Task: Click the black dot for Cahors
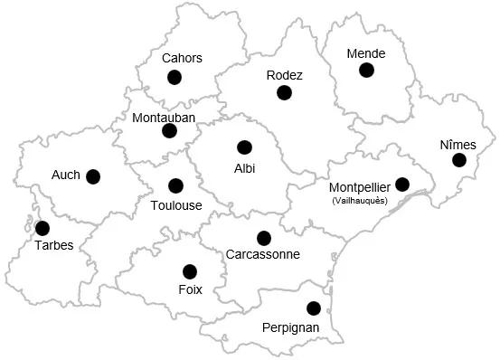(175, 78)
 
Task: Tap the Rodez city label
(285, 75)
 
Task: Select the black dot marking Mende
(366, 70)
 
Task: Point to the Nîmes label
(458, 145)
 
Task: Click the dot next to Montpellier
(402, 185)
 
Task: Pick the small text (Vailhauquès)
(360, 201)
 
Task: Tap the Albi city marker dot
(243, 147)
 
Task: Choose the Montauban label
(164, 118)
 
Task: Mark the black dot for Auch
(93, 176)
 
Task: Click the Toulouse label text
(176, 205)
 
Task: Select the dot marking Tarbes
(42, 228)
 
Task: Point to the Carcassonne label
(263, 255)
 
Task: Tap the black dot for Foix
(190, 271)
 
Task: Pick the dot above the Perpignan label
(313, 308)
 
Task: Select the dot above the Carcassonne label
(263, 238)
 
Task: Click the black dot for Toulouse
(175, 186)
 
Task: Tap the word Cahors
(182, 59)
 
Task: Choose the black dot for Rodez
(285, 92)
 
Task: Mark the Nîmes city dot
(459, 160)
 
